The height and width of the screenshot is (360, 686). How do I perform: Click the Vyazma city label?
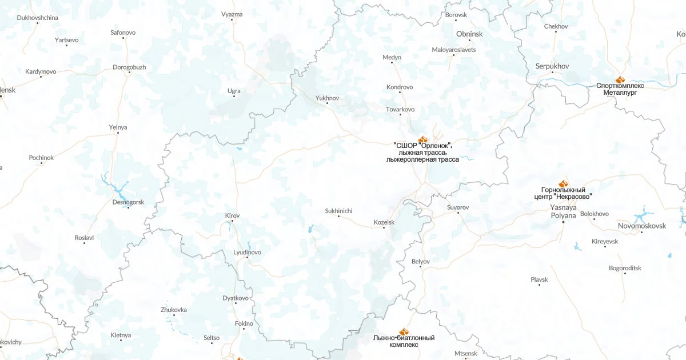(232, 14)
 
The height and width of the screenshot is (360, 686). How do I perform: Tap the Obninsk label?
(469, 34)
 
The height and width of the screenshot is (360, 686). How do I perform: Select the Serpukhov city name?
(552, 66)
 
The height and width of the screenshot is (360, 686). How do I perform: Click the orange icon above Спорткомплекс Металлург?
(620, 79)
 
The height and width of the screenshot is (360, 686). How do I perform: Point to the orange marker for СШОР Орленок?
(423, 139)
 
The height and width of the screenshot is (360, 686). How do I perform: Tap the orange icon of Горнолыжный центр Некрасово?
(563, 183)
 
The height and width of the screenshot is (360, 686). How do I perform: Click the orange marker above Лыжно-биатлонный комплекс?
(404, 331)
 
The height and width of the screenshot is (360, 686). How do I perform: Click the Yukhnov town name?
(327, 98)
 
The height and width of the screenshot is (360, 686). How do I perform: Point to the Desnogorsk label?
(128, 202)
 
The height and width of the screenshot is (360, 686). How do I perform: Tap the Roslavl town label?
(84, 237)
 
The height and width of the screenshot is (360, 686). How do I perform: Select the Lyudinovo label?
(247, 252)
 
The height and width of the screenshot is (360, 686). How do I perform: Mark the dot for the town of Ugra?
(234, 96)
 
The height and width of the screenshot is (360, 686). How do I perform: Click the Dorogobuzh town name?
(129, 67)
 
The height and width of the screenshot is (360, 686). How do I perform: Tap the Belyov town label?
(420, 261)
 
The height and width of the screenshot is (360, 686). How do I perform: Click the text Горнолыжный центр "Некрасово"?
(563, 193)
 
